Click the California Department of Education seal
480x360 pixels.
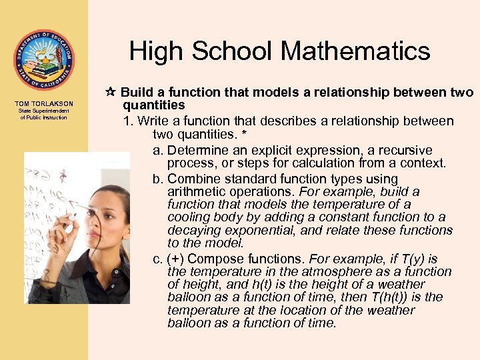pos(44,60)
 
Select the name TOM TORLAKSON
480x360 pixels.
pos(44,103)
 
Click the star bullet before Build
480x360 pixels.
pos(111,93)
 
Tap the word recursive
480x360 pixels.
pos(405,151)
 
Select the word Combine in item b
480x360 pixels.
pos(191,179)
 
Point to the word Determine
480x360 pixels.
pos(198,151)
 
